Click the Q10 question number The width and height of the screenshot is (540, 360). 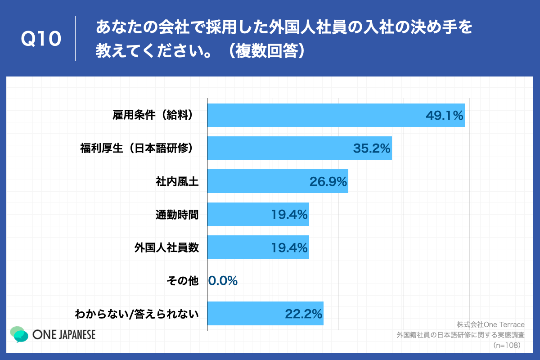tap(41, 40)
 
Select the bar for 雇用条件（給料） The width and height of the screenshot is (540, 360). tap(315, 115)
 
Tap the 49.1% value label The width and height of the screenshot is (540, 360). tap(445, 116)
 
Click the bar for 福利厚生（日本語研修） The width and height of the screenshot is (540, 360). tap(279, 148)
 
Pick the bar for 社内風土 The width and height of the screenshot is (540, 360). tap(256, 181)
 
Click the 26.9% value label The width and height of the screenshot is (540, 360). tap(328, 182)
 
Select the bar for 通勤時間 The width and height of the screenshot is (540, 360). tap(238, 214)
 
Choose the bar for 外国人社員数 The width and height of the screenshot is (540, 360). tap(238, 247)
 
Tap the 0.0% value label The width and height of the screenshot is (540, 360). tap(223, 281)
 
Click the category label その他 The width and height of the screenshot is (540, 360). tap(182, 281)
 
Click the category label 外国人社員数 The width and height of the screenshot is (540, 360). tap(166, 247)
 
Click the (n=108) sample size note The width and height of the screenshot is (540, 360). tap(507, 346)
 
